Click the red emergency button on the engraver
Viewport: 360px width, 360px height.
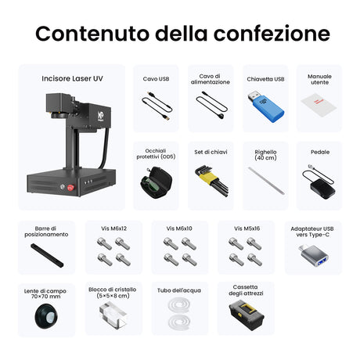(x=70, y=187)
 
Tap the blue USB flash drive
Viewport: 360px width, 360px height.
(x=265, y=106)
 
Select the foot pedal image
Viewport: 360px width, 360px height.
(x=319, y=182)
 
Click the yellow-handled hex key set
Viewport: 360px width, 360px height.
(x=211, y=181)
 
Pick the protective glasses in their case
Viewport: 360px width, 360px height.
(x=156, y=182)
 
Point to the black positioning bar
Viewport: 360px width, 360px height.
(x=47, y=255)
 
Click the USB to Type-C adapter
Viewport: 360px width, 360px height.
(x=314, y=256)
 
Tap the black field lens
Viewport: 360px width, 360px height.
(x=46, y=316)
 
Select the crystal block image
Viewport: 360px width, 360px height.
(x=113, y=315)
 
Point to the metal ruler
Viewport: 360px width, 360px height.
(x=266, y=181)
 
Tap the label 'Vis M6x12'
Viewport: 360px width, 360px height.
(x=113, y=229)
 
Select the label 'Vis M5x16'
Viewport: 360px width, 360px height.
(x=247, y=229)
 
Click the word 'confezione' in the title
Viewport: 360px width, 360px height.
(x=272, y=34)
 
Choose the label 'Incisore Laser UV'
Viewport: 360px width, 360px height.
(x=72, y=78)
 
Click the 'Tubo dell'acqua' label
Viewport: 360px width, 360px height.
(x=179, y=290)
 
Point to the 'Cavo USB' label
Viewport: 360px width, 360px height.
(x=156, y=79)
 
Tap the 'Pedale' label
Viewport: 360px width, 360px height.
(x=320, y=152)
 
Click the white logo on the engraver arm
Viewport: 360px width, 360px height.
(x=100, y=115)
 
